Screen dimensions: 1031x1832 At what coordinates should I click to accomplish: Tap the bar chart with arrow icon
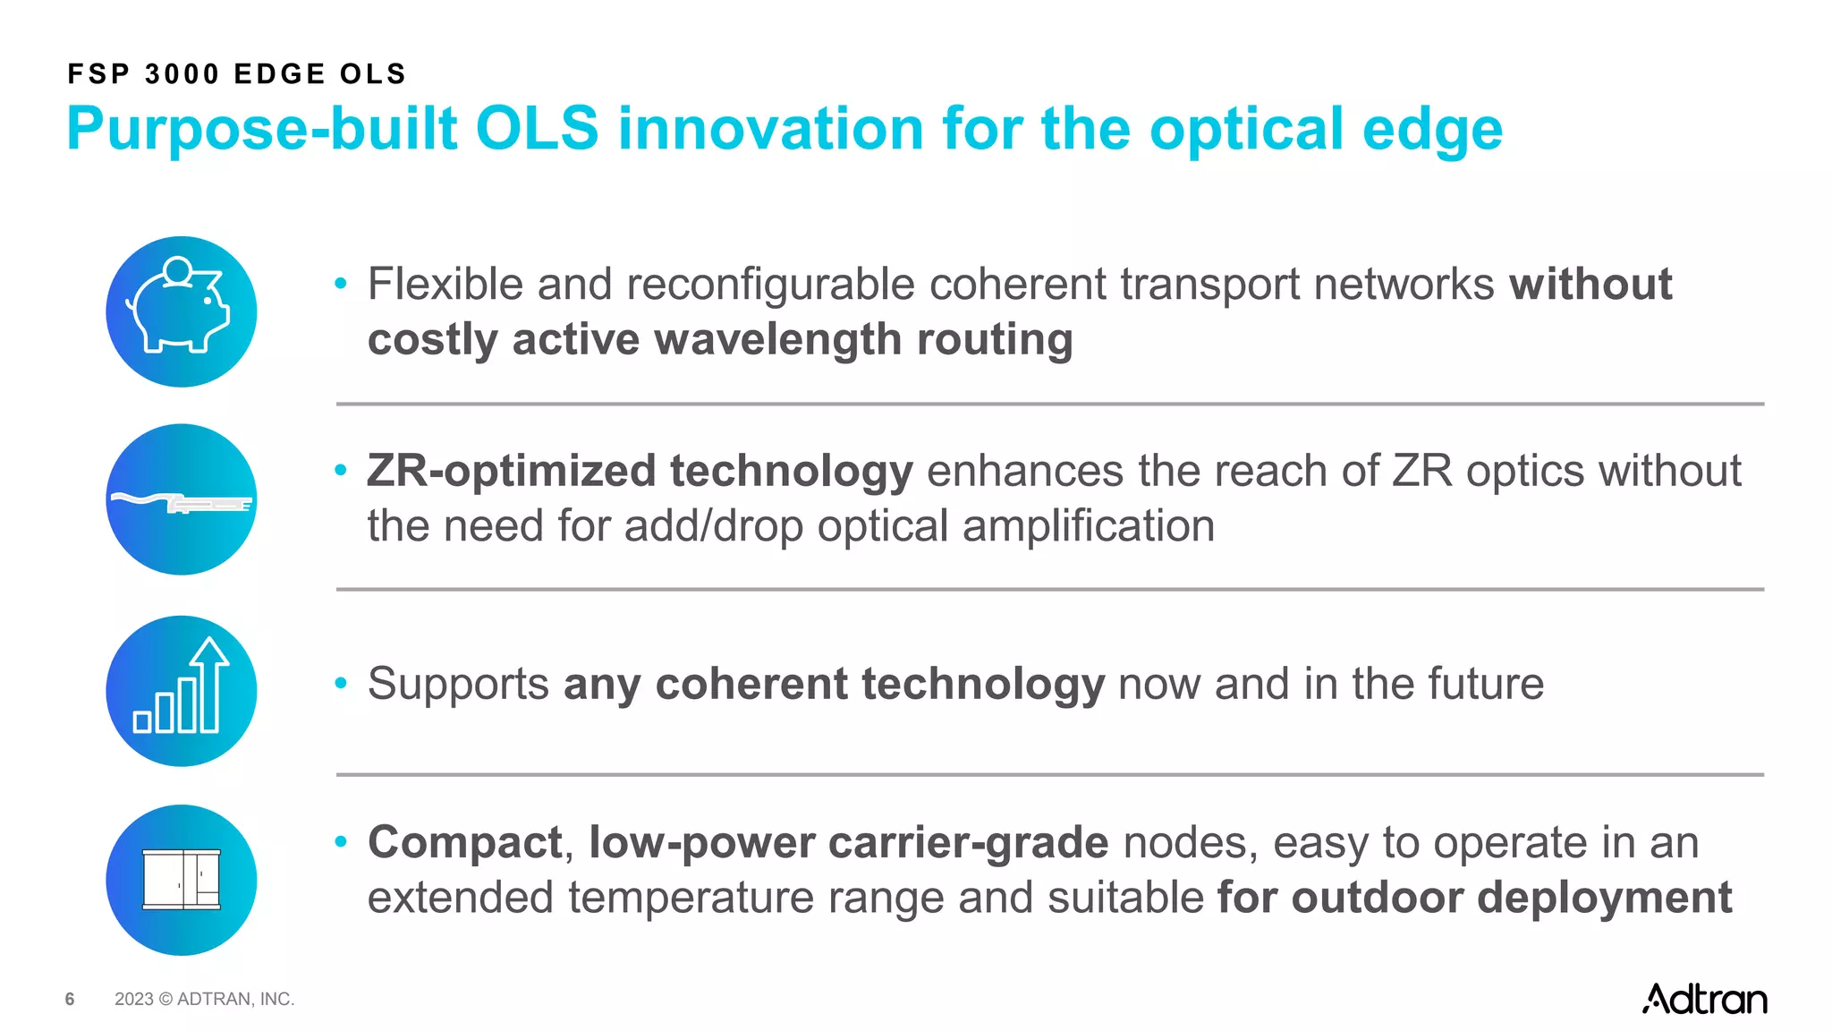tap(182, 690)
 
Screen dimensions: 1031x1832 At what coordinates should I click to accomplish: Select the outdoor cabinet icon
tap(182, 880)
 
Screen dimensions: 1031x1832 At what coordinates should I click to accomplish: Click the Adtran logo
tap(1704, 999)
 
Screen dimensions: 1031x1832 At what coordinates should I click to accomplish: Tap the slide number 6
tap(70, 1000)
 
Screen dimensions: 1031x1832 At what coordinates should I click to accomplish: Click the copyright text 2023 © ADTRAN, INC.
tap(204, 1000)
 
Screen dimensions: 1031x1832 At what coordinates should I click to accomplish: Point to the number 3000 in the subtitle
tap(182, 74)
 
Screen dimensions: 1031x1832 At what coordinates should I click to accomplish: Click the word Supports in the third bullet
tap(458, 685)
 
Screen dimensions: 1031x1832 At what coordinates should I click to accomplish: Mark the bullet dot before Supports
tap(341, 684)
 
